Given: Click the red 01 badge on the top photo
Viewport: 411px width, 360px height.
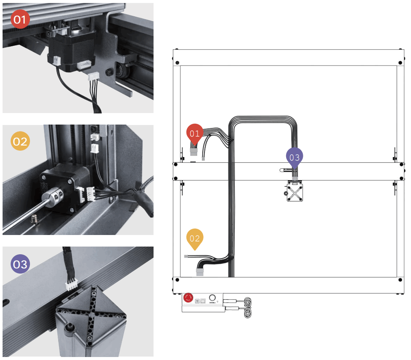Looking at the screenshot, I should coord(20,20).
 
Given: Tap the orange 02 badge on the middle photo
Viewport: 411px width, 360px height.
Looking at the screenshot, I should coord(20,141).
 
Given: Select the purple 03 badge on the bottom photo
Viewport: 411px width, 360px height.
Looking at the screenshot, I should coord(20,264).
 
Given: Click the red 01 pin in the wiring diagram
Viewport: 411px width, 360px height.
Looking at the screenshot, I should coord(195,134).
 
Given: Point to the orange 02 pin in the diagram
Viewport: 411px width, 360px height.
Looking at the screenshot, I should coord(195,238).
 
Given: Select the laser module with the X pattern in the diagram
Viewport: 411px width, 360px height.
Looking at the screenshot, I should coord(294,192).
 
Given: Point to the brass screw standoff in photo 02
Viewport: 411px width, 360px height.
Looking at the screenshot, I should coord(35,220).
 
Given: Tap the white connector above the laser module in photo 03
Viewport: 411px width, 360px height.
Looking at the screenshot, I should coord(71,286).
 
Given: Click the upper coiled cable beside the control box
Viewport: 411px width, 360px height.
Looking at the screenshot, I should coord(248,302).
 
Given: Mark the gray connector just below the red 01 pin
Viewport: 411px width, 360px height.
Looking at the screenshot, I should coord(194,150).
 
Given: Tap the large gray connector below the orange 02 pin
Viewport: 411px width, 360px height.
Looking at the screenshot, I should coord(200,272).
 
